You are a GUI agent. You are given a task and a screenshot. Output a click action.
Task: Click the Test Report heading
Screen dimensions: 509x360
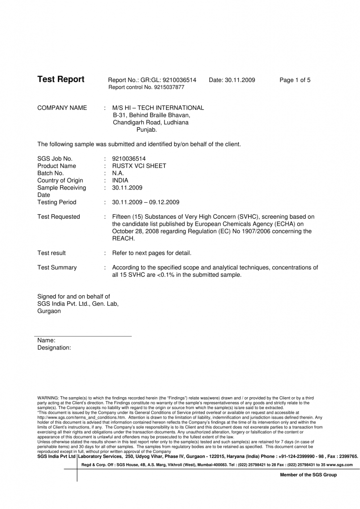(x=61, y=80)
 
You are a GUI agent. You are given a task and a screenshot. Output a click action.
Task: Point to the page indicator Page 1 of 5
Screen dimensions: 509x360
(x=295, y=80)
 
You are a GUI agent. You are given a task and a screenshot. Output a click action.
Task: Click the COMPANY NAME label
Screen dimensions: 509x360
(x=62, y=108)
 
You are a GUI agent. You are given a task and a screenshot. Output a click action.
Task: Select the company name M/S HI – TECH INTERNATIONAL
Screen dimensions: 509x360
(x=158, y=108)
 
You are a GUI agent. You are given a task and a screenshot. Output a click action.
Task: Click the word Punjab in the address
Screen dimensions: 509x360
(x=147, y=130)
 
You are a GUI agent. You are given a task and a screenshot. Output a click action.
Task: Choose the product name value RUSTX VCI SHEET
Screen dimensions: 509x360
(x=139, y=166)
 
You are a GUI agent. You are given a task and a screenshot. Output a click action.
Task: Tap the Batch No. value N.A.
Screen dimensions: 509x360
(x=118, y=173)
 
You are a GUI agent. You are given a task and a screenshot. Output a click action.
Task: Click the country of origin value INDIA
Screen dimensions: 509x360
(x=120, y=180)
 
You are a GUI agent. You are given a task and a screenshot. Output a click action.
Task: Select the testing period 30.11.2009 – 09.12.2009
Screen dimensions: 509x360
(x=146, y=202)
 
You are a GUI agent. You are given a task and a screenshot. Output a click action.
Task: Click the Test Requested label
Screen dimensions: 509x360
(x=59, y=217)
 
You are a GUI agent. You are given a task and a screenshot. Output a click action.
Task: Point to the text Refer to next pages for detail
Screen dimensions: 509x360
(x=152, y=253)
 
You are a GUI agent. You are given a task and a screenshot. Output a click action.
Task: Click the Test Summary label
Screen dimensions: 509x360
(x=57, y=267)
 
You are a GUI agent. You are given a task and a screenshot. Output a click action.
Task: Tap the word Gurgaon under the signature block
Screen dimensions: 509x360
(x=49, y=311)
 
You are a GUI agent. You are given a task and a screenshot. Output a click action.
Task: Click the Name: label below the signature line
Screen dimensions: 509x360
(x=46, y=340)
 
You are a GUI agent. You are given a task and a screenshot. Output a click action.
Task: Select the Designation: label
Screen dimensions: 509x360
(x=54, y=348)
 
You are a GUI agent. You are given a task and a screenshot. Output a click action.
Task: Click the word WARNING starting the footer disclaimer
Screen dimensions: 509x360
(x=48, y=398)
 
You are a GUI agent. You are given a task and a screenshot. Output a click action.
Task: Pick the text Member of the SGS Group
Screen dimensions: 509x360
(x=308, y=475)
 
